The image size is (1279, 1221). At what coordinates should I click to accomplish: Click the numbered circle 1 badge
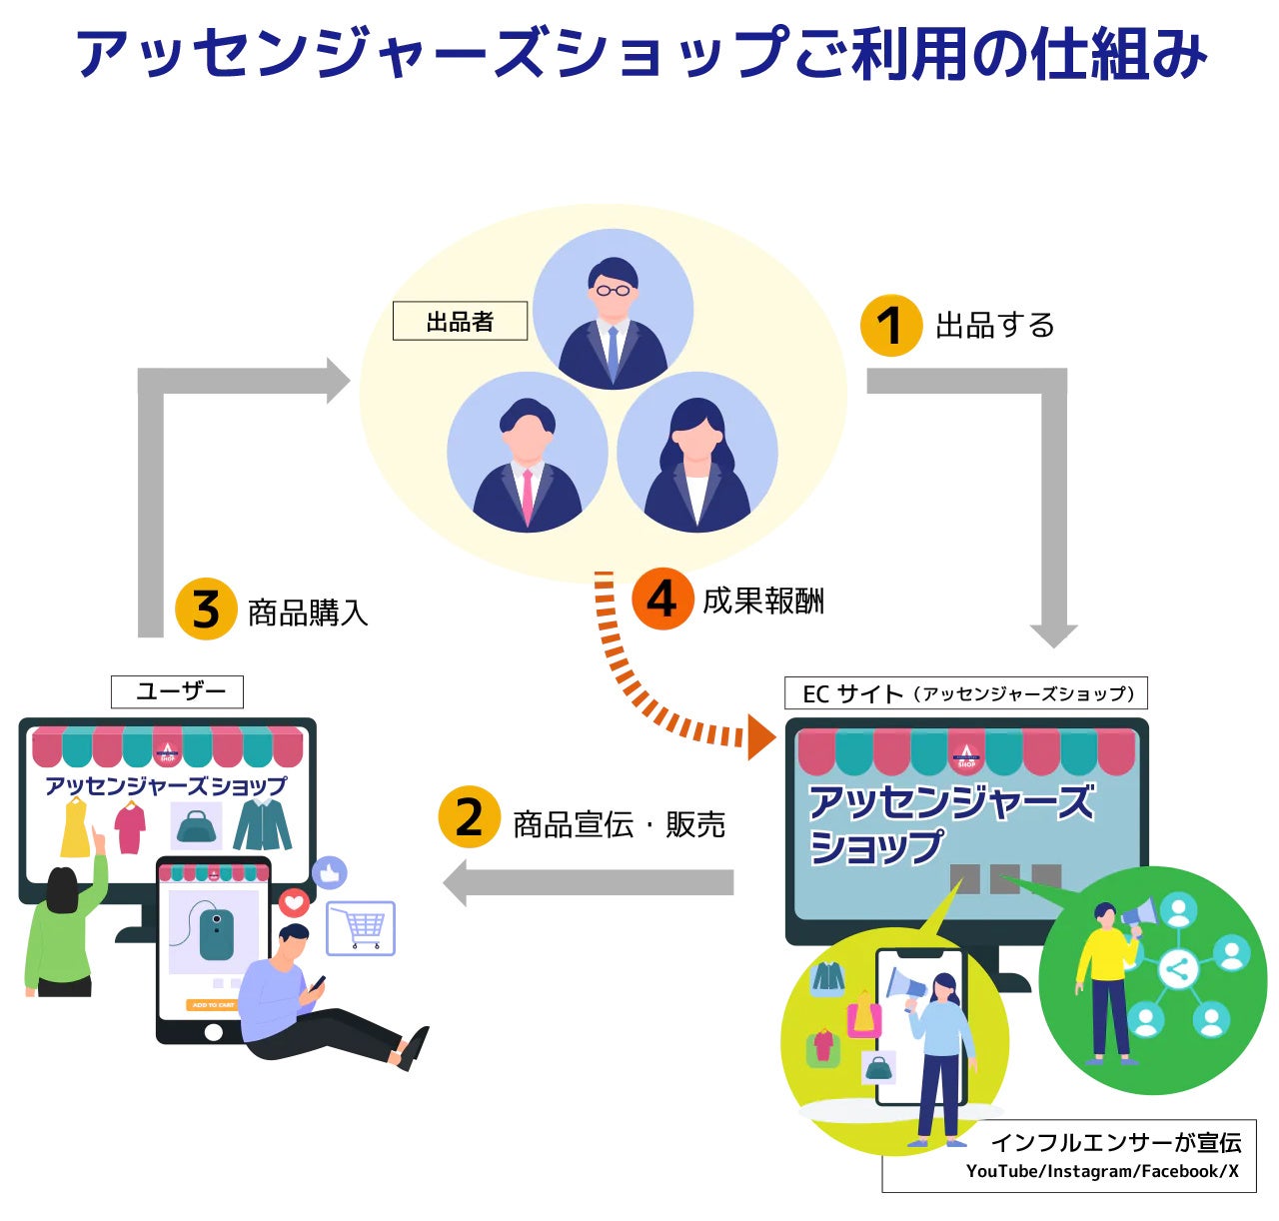pyautogui.click(x=890, y=325)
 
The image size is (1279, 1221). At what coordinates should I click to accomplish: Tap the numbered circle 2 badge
pyautogui.click(x=468, y=817)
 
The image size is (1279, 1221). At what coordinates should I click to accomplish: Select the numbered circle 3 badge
pyautogui.click(x=205, y=609)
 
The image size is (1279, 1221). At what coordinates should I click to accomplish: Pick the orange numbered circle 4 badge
pyautogui.click(x=661, y=600)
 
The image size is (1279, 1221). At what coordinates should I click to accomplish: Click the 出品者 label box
pyautogui.click(x=460, y=322)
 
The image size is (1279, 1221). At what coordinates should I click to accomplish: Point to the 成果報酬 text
pyautogui.click(x=763, y=601)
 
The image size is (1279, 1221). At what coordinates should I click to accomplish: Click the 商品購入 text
pyautogui.click(x=308, y=611)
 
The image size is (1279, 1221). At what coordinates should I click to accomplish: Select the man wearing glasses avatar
pyautogui.click(x=613, y=310)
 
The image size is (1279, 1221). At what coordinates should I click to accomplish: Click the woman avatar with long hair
pyautogui.click(x=697, y=455)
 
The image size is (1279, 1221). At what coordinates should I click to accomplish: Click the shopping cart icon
pyautogui.click(x=362, y=928)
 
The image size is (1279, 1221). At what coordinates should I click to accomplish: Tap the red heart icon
pyautogui.click(x=294, y=903)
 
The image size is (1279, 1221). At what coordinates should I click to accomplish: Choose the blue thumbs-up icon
pyautogui.click(x=329, y=873)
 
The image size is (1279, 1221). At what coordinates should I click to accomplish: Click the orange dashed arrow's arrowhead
pyautogui.click(x=760, y=737)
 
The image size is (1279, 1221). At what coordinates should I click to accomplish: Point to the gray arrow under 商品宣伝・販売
pyautogui.click(x=590, y=882)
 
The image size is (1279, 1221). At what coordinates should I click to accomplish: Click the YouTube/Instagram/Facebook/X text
pyautogui.click(x=1101, y=1171)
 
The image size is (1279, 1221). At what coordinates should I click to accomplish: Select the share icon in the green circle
pyautogui.click(x=1178, y=968)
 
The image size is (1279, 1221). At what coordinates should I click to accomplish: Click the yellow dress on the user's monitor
pyautogui.click(x=76, y=828)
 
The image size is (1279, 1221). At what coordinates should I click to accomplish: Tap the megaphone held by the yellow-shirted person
pyautogui.click(x=1140, y=913)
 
